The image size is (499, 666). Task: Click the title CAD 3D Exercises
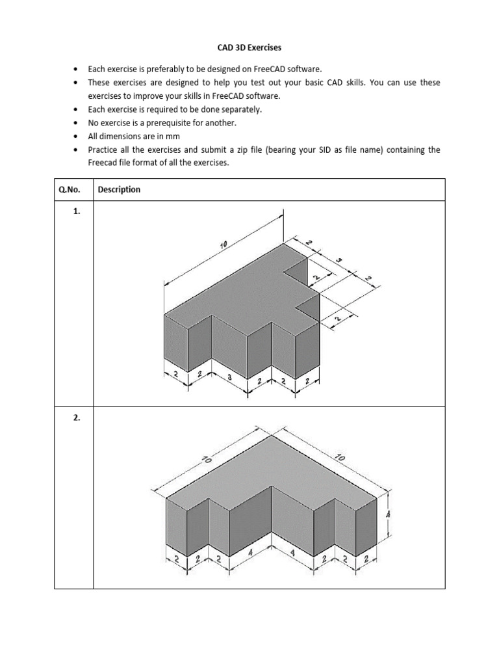click(249, 47)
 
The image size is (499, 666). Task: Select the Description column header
click(119, 190)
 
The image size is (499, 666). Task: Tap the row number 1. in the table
click(77, 211)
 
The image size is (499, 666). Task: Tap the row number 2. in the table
click(77, 418)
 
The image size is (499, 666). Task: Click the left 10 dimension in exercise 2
click(206, 459)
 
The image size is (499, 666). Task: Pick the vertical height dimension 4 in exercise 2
click(389, 513)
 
